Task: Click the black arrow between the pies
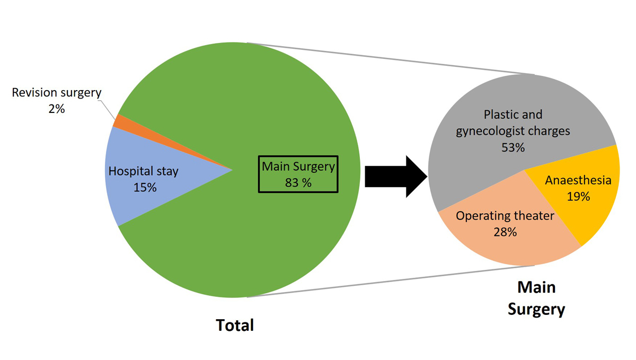point(395,176)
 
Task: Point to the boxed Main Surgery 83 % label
point(298,174)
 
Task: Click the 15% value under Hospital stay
point(145,187)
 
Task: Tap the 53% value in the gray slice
point(513,148)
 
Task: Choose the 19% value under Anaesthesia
point(578,197)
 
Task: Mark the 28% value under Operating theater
point(505,232)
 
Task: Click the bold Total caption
point(235,325)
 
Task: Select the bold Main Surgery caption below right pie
point(536,298)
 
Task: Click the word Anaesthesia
point(578,180)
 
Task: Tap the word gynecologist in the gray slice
point(492,130)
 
